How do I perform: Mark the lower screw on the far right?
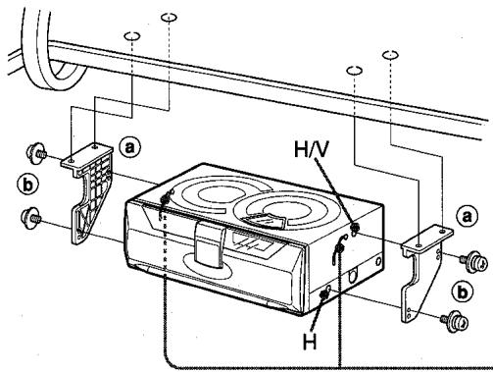(452, 320)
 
